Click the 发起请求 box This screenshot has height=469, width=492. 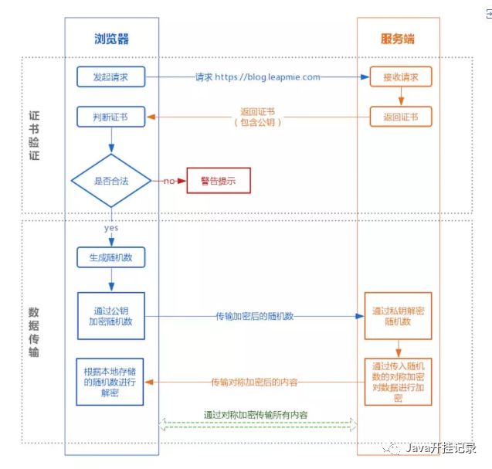(x=111, y=77)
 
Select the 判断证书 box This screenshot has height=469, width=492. (x=111, y=117)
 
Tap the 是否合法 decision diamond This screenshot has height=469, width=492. (x=111, y=182)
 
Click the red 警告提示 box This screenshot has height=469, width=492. (x=218, y=182)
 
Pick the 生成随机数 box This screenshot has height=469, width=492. (x=111, y=257)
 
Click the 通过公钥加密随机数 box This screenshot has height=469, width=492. (x=111, y=315)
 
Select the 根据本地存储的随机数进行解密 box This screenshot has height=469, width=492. (x=111, y=381)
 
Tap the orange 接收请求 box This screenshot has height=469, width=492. (x=399, y=77)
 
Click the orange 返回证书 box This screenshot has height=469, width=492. (x=399, y=117)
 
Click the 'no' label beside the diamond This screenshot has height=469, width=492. (x=168, y=182)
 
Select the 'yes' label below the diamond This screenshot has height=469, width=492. (x=111, y=229)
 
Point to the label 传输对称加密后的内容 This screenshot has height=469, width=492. (x=255, y=382)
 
